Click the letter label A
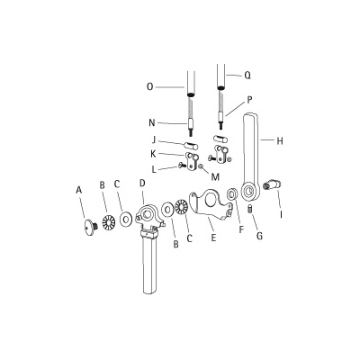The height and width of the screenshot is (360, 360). click(79, 190)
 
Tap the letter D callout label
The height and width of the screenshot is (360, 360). click(141, 184)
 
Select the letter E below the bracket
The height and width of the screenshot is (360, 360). click(212, 238)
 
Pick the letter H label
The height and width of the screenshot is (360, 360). click(280, 140)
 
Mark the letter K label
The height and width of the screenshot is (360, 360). click(155, 155)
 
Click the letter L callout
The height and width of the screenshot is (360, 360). click(155, 168)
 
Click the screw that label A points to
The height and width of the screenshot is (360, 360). click(90, 226)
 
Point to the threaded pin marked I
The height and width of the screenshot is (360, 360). click(272, 187)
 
